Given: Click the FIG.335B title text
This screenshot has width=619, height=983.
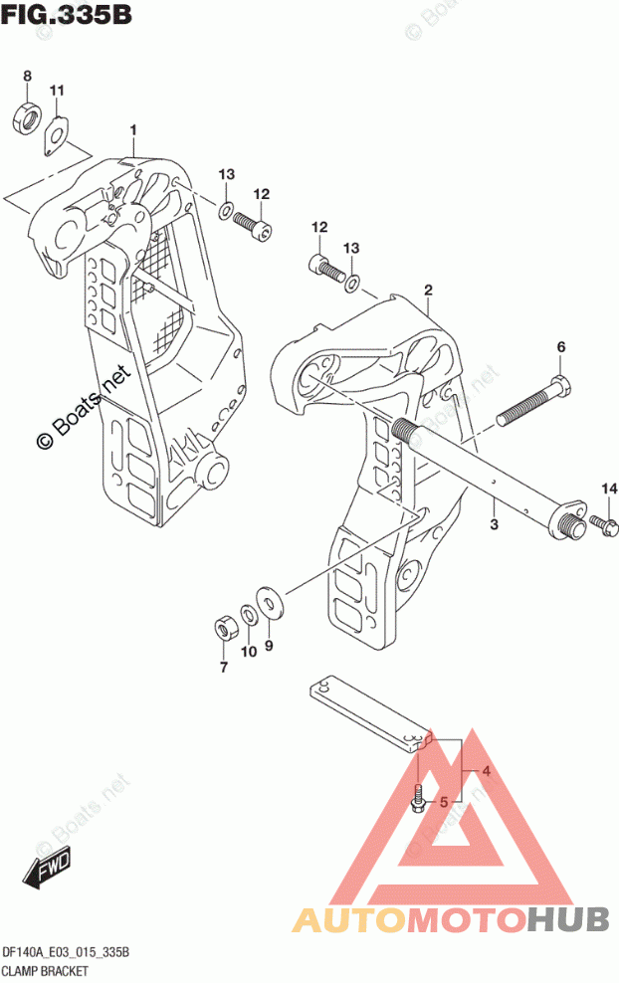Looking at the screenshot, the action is tap(66, 14).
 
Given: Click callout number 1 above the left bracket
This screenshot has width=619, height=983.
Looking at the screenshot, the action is tap(133, 129).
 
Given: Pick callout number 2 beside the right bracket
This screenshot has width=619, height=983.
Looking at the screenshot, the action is tap(428, 291).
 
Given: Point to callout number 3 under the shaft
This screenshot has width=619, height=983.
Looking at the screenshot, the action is tap(495, 523).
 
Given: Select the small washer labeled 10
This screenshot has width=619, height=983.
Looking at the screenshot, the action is tap(248, 615).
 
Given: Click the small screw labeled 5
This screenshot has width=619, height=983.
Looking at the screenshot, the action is tap(418, 799).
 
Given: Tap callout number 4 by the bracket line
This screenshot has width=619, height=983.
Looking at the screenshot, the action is tap(486, 771).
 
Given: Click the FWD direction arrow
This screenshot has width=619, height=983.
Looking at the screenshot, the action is tap(47, 870).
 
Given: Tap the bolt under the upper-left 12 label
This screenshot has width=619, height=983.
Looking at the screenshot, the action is tap(253, 226).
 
